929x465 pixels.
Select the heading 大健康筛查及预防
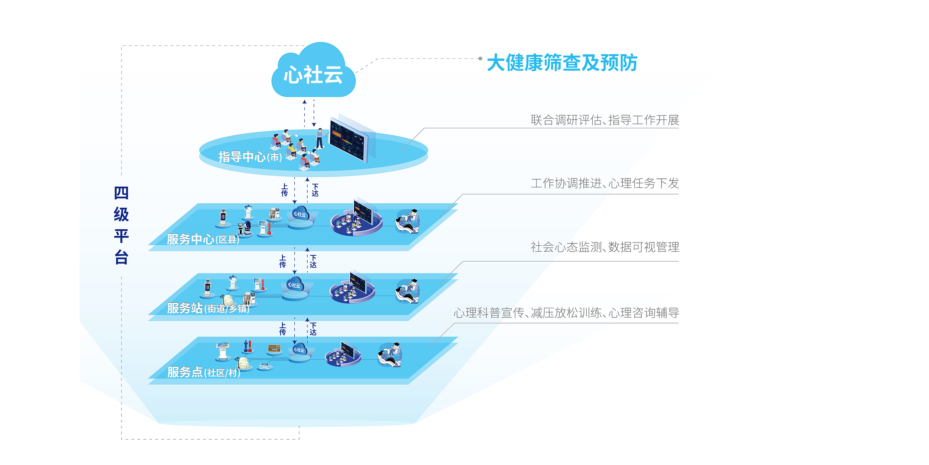coord(562,62)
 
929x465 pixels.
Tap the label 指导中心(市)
coord(250,157)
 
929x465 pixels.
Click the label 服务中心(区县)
coord(203,239)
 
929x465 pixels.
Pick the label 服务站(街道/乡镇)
coord(208,308)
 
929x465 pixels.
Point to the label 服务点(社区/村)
coord(204,372)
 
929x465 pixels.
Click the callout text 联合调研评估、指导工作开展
coord(605,120)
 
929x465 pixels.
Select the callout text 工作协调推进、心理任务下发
coord(605,183)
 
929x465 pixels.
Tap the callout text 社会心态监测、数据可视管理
coord(605,247)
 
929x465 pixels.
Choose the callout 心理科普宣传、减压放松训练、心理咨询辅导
coord(566,313)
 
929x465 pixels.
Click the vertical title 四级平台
coord(121,225)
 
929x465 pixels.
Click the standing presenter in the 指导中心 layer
coord(319,138)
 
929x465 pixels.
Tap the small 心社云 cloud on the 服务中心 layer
coord(300,214)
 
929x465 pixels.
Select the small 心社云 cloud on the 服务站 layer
coord(295,285)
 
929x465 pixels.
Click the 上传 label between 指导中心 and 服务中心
coord(284,190)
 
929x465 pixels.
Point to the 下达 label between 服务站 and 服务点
coord(313,329)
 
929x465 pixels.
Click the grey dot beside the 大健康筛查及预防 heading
coord(480,58)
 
